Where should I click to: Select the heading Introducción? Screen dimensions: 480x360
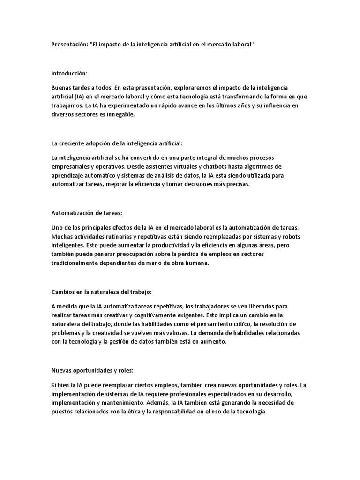69,74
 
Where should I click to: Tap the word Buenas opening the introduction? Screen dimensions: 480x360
62,88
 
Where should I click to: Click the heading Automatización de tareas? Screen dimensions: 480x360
86,213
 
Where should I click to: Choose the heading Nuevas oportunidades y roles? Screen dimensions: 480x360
92,370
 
